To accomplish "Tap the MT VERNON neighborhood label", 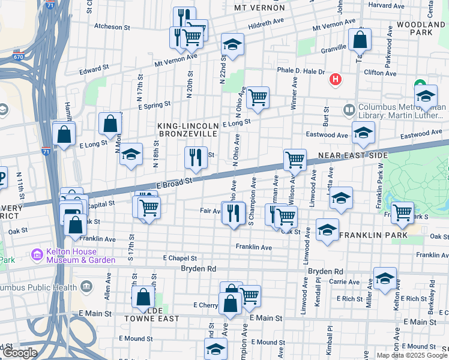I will pyautogui.click(x=259, y=8).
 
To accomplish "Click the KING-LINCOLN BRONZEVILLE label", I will pyautogui.click(x=187, y=130).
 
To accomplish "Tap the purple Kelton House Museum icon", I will pyautogui.click(x=38, y=256).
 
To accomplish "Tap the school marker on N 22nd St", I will pyautogui.click(x=232, y=46).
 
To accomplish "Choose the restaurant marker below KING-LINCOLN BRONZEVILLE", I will pyautogui.click(x=196, y=158).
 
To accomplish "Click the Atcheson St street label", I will pyautogui.click(x=112, y=27).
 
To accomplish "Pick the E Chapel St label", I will pyautogui.click(x=180, y=257).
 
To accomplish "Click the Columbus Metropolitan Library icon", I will pyautogui.click(x=349, y=110).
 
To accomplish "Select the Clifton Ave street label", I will pyautogui.click(x=381, y=73).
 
